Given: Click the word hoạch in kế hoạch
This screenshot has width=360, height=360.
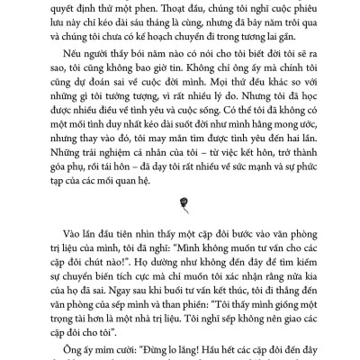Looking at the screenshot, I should tap(179, 43).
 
